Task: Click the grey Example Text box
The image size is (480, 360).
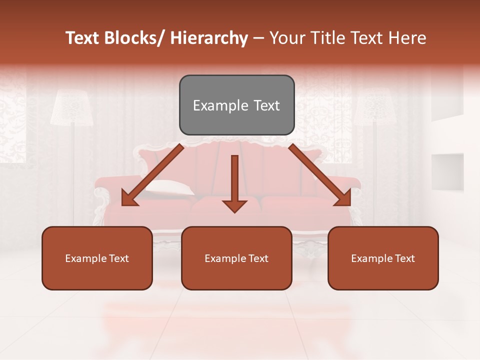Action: pyautogui.click(x=236, y=105)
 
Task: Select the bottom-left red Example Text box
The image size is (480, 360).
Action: pyautogui.click(x=97, y=258)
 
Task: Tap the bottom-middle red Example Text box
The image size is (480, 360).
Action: pyautogui.click(x=236, y=258)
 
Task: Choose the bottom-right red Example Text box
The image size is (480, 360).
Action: pyautogui.click(x=383, y=258)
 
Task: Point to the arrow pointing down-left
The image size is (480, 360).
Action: pyautogui.click(x=152, y=175)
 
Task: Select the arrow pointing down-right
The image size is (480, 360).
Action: pyautogui.click(x=320, y=175)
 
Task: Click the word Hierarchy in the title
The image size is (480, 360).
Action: pyautogui.click(x=209, y=38)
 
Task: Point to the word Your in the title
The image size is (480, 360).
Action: pyautogui.click(x=286, y=38)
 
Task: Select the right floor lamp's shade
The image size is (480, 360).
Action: pyautogui.click(x=375, y=107)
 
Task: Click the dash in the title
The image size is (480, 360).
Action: pyautogui.click(x=258, y=38)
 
